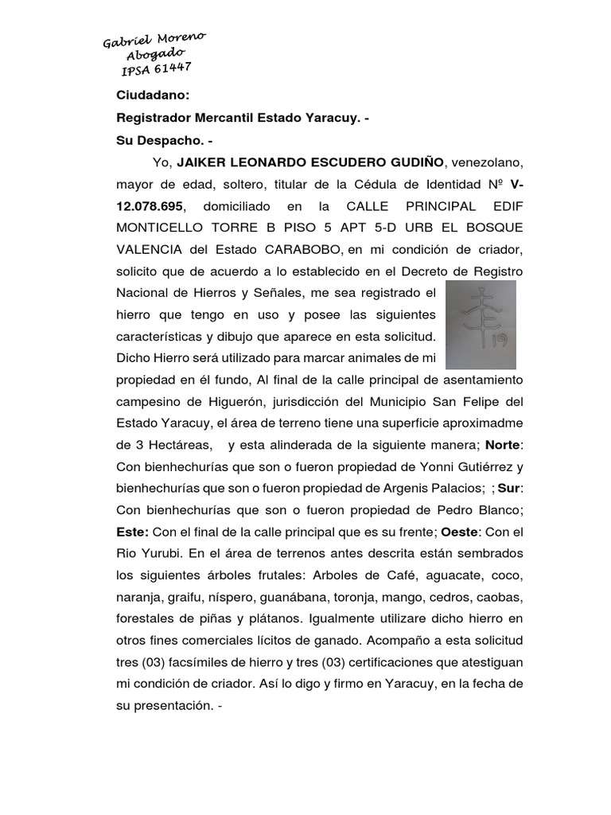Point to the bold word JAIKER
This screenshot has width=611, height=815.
[x=204, y=163]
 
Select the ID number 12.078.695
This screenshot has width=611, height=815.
[x=149, y=205]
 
